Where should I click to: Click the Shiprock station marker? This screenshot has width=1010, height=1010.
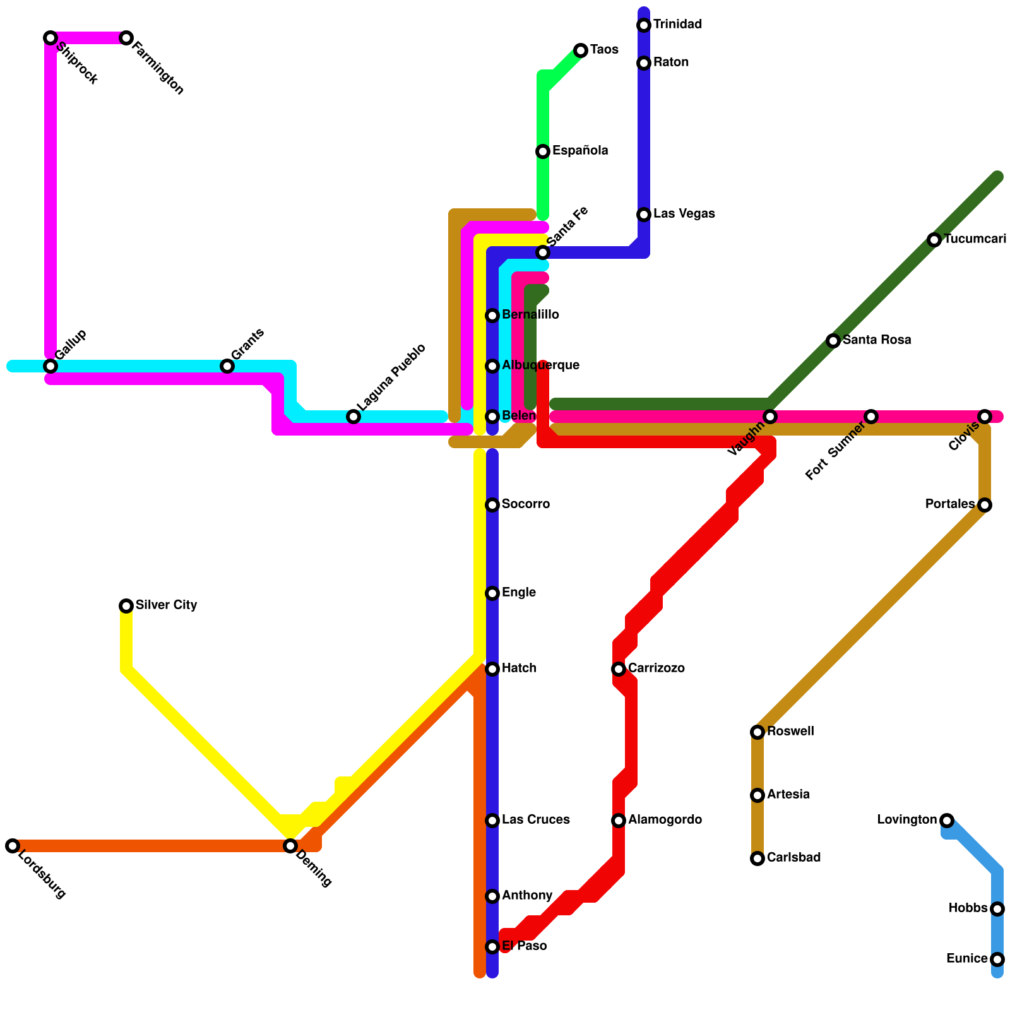(50, 38)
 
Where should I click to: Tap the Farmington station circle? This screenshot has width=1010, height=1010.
(126, 38)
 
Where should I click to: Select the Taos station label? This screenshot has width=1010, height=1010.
(604, 50)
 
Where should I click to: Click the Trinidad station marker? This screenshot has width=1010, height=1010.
(644, 25)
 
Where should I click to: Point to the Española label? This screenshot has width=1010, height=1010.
(580, 151)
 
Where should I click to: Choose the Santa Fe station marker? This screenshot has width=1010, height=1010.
(543, 252)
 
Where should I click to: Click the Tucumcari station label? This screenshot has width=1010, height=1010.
(975, 239)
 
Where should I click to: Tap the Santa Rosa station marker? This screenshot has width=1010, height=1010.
(833, 341)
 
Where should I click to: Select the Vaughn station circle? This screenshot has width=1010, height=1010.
(770, 417)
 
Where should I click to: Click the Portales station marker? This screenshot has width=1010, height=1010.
(985, 505)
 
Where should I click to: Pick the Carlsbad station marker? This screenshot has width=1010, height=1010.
(757, 858)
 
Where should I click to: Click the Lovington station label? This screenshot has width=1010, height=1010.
(907, 820)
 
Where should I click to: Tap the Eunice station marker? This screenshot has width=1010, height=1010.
(997, 959)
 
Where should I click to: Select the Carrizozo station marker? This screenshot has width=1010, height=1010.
(619, 669)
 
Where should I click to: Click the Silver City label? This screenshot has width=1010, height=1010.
(166, 605)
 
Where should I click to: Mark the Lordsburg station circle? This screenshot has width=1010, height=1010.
(13, 846)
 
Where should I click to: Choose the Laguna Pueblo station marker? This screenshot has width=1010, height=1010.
(353, 417)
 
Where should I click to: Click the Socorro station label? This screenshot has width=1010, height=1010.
(526, 504)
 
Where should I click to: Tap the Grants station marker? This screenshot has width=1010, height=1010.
(227, 366)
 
